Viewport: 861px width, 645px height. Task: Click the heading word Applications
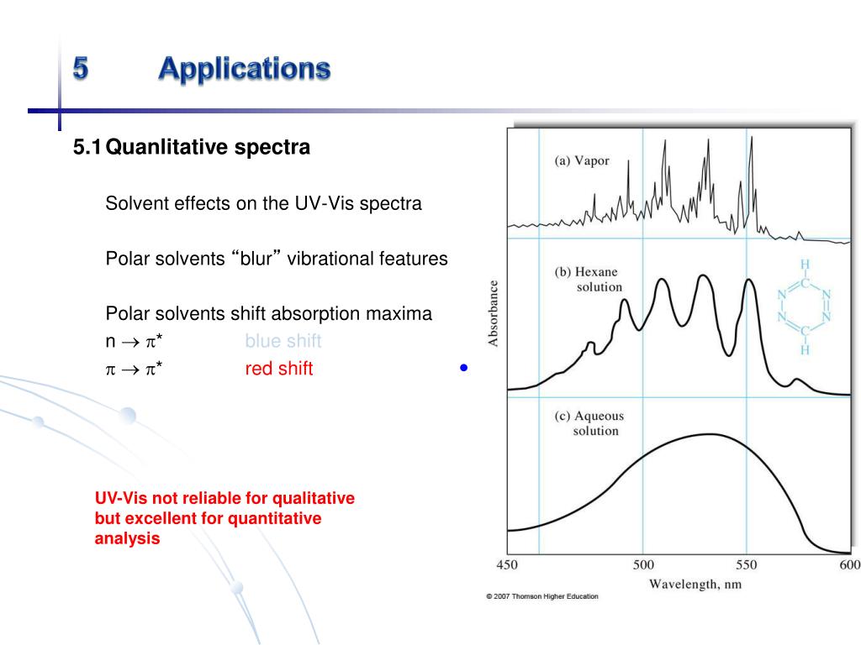tap(244, 68)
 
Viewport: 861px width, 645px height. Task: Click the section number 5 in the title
tap(81, 68)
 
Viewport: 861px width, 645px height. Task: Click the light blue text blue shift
tap(283, 342)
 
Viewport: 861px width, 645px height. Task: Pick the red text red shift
tap(278, 369)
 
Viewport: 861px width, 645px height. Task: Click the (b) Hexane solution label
tap(588, 280)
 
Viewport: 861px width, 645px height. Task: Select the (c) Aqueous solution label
tap(589, 423)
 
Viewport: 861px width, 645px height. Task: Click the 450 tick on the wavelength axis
tap(507, 565)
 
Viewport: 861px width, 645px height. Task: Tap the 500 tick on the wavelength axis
tap(642, 565)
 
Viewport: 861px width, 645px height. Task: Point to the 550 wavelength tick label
tap(746, 565)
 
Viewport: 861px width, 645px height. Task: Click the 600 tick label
tap(849, 565)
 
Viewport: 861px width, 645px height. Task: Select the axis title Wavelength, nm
tap(695, 584)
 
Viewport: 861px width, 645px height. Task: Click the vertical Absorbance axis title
tap(494, 313)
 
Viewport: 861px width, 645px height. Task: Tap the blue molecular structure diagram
tap(804, 307)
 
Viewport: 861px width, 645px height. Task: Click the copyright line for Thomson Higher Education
tap(542, 596)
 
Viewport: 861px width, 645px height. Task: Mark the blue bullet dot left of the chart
tap(463, 368)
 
